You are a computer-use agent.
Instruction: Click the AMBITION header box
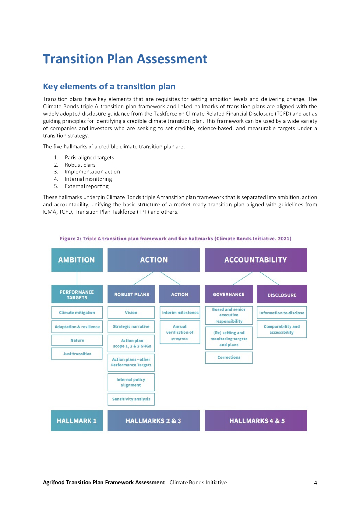point(77,260)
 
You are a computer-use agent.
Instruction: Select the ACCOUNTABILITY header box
point(256,260)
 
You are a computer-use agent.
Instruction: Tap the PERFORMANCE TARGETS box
point(77,294)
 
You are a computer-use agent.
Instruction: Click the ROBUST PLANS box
point(131,294)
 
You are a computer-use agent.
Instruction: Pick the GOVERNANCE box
point(229,294)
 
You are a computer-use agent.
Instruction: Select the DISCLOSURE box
point(281,295)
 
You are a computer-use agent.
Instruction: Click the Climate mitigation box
point(77,313)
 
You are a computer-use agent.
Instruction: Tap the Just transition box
point(77,354)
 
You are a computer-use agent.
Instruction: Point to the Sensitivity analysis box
point(131,399)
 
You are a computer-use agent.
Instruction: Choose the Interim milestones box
point(180,313)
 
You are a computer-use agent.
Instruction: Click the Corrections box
point(229,357)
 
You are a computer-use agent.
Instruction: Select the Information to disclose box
point(281,313)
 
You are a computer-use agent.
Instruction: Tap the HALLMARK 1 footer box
point(77,421)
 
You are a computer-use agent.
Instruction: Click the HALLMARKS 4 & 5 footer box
point(256,421)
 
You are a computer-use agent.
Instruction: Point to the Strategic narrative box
point(131,327)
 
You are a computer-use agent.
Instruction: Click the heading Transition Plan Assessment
point(125,59)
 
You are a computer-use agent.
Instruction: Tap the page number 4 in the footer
point(316,482)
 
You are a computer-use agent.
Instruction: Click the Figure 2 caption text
point(176,239)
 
